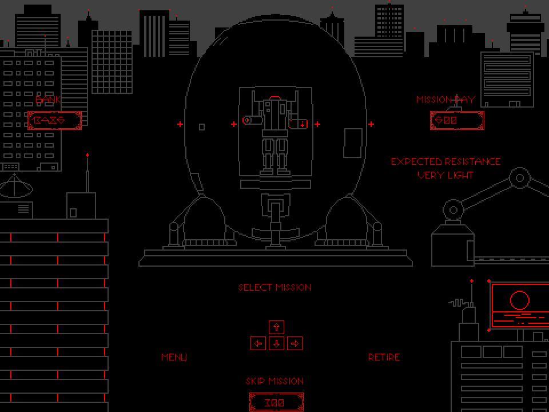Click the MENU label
174,357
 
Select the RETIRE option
384,357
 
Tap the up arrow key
277,327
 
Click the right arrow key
295,343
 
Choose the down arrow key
277,343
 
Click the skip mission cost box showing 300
276,402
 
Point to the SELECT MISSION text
275,287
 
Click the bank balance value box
55,120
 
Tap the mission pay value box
457,120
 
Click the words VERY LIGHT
445,175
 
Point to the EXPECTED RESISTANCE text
445,161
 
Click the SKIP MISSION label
275,381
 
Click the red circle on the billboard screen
519,300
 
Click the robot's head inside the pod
275,98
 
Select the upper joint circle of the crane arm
519,178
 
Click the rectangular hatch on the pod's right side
353,143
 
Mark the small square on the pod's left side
202,126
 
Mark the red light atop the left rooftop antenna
87,155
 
